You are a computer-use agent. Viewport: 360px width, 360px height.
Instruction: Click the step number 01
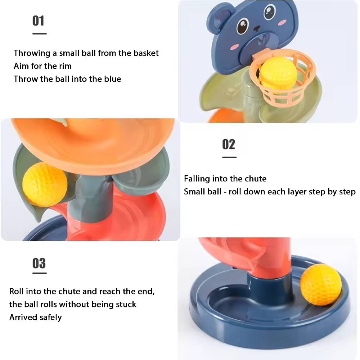(x=39, y=21)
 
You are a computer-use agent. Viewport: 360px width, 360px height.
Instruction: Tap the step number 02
(x=229, y=144)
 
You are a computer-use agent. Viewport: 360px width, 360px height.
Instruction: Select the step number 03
(x=39, y=264)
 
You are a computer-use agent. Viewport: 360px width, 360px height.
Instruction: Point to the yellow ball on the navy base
(x=320, y=284)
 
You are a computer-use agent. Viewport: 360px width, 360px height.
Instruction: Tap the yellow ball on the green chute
(x=45, y=184)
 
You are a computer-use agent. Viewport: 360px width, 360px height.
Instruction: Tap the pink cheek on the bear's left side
(x=235, y=46)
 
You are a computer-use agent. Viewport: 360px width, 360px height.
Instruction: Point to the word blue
(x=111, y=79)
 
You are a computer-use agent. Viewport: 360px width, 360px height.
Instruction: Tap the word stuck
(x=126, y=305)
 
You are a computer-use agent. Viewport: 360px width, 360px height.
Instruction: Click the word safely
(x=50, y=318)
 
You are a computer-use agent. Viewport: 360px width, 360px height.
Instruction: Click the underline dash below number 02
(x=229, y=157)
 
